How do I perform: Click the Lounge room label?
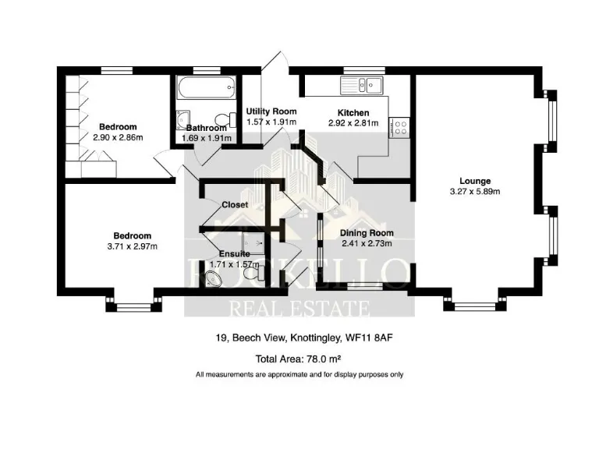pyautogui.click(x=475, y=181)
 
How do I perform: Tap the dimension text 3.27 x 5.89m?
pyautogui.click(x=475, y=191)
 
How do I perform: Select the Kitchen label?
pyautogui.click(x=353, y=113)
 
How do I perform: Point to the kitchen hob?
pyautogui.click(x=402, y=126)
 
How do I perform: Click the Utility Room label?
pyautogui.click(x=271, y=111)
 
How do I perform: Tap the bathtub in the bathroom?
pyautogui.click(x=206, y=88)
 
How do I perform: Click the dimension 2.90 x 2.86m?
pyautogui.click(x=117, y=137)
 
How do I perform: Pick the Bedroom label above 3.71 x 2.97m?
pyautogui.click(x=132, y=235)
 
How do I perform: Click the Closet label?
pyautogui.click(x=235, y=205)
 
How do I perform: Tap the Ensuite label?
pyautogui.click(x=234, y=254)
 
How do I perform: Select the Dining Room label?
pyautogui.click(x=367, y=233)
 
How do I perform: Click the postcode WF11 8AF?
pyautogui.click(x=384, y=338)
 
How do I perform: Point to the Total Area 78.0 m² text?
pyautogui.click(x=299, y=359)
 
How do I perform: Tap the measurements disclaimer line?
pyautogui.click(x=299, y=375)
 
